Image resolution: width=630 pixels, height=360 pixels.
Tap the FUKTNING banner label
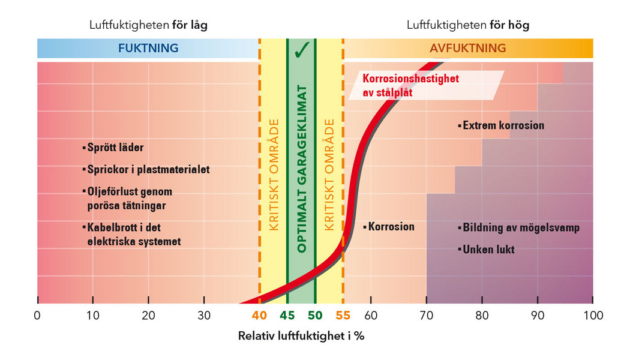[x=148, y=49]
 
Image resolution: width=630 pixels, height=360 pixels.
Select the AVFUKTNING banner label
[x=467, y=49]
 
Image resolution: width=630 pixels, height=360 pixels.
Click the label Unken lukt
[x=488, y=249]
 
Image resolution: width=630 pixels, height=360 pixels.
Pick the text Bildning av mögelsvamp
[x=520, y=227]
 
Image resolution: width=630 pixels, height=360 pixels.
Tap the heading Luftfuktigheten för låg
[x=148, y=25]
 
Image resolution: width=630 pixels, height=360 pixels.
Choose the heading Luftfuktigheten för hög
[x=467, y=25]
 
